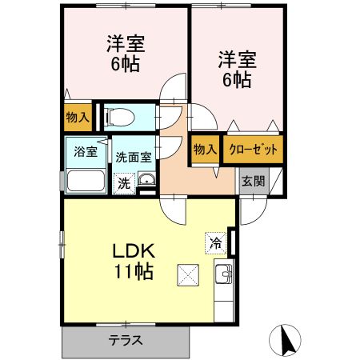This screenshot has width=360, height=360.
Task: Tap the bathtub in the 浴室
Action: click(86, 179)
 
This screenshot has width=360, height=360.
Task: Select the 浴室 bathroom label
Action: click(86, 150)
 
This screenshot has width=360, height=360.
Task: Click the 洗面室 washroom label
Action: click(133, 158)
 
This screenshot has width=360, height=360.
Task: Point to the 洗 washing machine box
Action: click(124, 182)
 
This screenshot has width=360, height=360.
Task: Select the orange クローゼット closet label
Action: click(253, 150)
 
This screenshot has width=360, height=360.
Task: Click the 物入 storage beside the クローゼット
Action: click(206, 150)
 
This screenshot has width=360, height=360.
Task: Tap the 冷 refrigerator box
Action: click(216, 242)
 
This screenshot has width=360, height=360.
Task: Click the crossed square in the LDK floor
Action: click(190, 275)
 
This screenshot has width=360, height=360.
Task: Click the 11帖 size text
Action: click(133, 272)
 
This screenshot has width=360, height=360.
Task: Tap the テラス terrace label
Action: click(126, 340)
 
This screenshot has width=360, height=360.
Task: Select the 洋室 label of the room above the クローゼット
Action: click(235, 58)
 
